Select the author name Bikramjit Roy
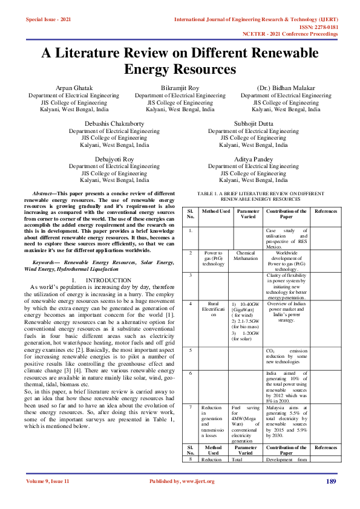pyautogui.click(x=180, y=88)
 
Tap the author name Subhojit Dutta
pyautogui.click(x=254, y=124)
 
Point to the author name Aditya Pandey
pyautogui.click(x=254, y=159)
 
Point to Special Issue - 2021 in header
pyautogui.click(x=48, y=20)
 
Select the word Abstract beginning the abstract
pyautogui.click(x=45, y=193)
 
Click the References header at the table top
pyautogui.click(x=326, y=211)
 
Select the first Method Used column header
pyautogui.click(x=215, y=211)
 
